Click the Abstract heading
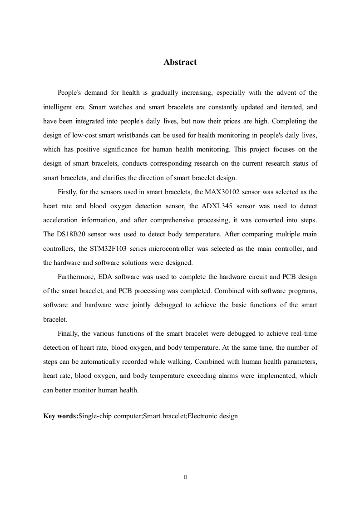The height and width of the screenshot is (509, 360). (180, 63)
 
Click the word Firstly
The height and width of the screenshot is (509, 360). (68, 192)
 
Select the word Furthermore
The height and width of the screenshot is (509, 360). (76, 277)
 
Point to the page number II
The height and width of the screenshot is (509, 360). (185, 477)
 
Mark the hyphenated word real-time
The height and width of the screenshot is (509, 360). (303, 333)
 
